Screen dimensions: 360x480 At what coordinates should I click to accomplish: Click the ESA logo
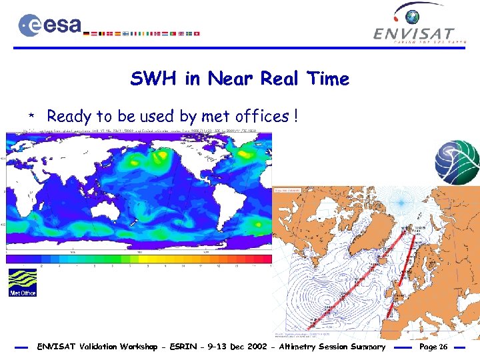[50, 25]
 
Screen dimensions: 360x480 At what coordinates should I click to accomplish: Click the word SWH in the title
[155, 79]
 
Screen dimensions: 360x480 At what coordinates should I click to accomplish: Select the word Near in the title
[231, 79]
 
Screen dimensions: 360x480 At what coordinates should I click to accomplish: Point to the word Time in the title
[327, 79]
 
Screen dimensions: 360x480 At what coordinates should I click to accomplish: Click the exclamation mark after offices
[294, 117]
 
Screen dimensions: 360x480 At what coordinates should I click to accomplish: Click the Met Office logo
[22, 283]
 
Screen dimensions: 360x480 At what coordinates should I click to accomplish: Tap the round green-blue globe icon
[457, 162]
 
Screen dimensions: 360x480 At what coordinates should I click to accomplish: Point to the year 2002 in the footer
[242, 347]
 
